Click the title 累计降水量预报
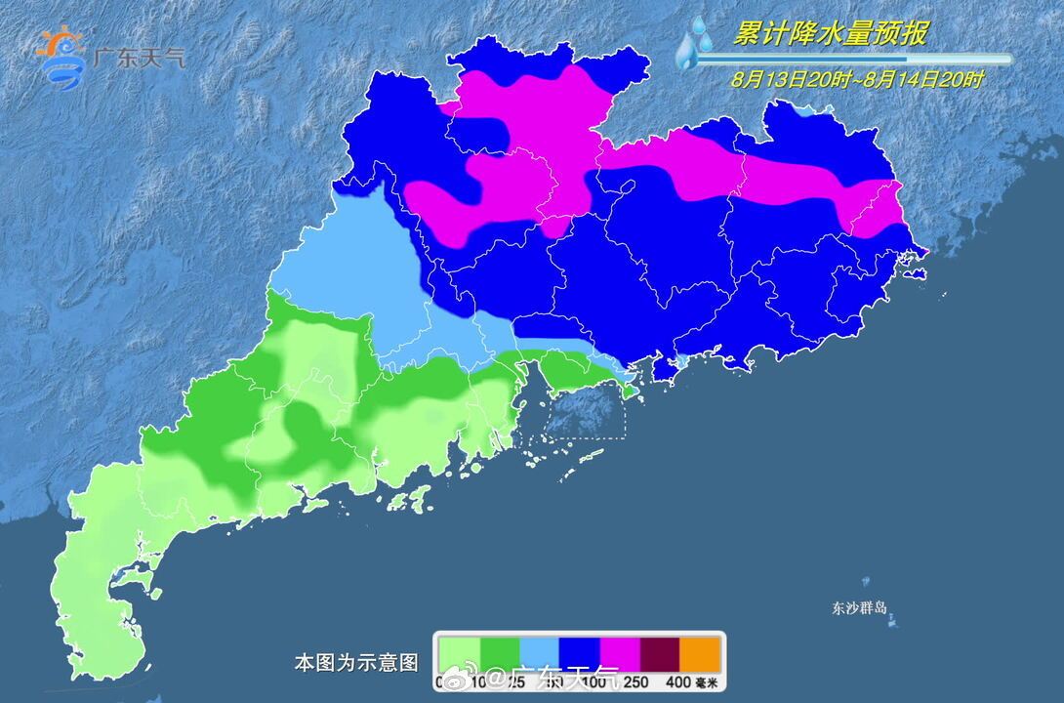click(x=831, y=34)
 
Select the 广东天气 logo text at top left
click(x=138, y=56)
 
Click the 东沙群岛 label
click(x=859, y=608)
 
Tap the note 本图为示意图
click(x=355, y=663)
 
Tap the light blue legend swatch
click(x=539, y=651)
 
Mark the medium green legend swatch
click(x=499, y=651)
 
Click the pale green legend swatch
click(x=459, y=651)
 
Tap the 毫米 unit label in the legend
click(x=707, y=682)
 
